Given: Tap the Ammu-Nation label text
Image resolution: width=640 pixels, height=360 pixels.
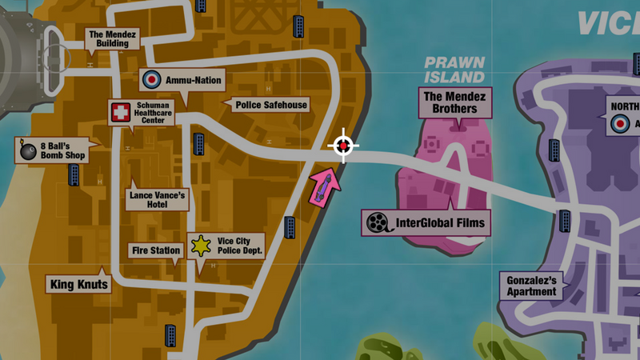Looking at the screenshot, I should pyautogui.click(x=193, y=80).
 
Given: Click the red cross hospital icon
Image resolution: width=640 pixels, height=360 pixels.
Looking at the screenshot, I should pyautogui.click(x=120, y=113).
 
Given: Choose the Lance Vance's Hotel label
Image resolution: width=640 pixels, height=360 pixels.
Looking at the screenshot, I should pyautogui.click(x=157, y=199).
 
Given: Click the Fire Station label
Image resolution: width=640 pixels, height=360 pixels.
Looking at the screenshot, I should pyautogui.click(x=155, y=250).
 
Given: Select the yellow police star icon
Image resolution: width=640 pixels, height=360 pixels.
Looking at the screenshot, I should pyautogui.click(x=199, y=246).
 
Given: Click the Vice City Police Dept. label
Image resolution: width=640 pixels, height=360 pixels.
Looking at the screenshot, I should pyautogui.click(x=240, y=246).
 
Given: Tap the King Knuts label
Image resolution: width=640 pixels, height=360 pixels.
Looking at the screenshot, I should pyautogui.click(x=78, y=283).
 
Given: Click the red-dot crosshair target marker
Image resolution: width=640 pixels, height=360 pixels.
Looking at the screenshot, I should pyautogui.click(x=344, y=146).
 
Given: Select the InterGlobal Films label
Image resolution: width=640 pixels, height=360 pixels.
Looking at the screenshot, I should pyautogui.click(x=440, y=223).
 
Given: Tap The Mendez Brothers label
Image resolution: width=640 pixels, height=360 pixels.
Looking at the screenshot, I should pyautogui.click(x=454, y=102).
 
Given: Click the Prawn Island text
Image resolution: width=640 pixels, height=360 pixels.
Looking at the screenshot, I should pyautogui.click(x=454, y=70).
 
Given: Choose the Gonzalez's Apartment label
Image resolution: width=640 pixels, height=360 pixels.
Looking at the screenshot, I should pyautogui.click(x=531, y=286).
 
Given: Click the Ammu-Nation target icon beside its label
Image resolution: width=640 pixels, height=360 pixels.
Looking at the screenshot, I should pyautogui.click(x=150, y=79).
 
